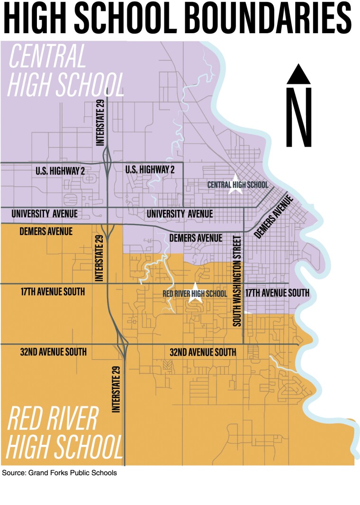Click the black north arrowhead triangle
click(x=298, y=75)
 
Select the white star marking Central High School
click(x=235, y=185)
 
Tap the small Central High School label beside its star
click(x=237, y=185)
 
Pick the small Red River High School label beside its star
click(x=195, y=294)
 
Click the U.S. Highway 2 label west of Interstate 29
click(x=60, y=171)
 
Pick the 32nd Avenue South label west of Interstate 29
click(x=54, y=352)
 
